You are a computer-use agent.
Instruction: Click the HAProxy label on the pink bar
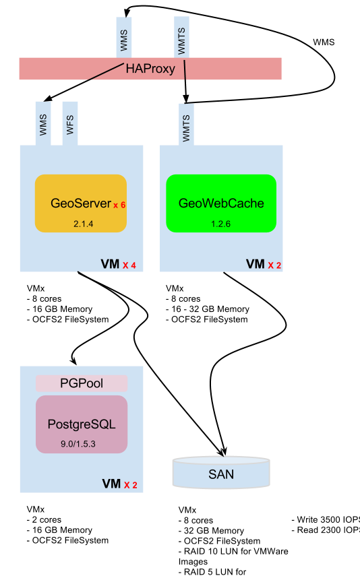150,69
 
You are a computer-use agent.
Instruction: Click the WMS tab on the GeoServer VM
43,124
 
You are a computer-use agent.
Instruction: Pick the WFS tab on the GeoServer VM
70,124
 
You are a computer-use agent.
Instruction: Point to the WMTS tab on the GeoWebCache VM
186,124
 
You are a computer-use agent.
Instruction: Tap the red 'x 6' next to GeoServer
119,205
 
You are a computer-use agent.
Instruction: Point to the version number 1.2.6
220,224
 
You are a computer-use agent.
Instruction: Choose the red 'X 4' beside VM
129,265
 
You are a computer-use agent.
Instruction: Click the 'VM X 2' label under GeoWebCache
264,265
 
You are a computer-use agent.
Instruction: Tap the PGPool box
82,383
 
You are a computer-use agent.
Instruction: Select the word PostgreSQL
82,424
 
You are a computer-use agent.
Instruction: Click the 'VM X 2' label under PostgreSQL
119,484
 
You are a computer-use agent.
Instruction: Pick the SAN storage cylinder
221,473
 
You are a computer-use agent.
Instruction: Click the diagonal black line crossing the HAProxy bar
105,72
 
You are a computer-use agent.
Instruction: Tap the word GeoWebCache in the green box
221,203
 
